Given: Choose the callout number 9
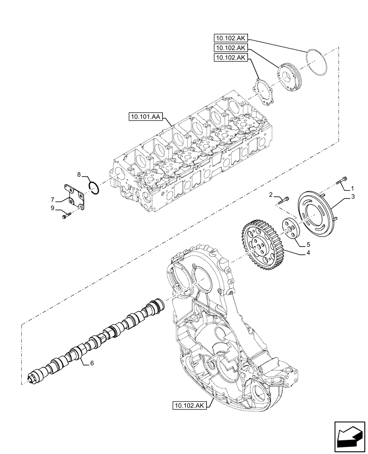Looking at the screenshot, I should point(53,207).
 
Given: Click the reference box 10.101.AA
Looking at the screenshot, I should point(144,117).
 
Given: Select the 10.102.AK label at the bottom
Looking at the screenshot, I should point(189,405).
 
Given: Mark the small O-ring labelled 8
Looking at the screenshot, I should point(94,187).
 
